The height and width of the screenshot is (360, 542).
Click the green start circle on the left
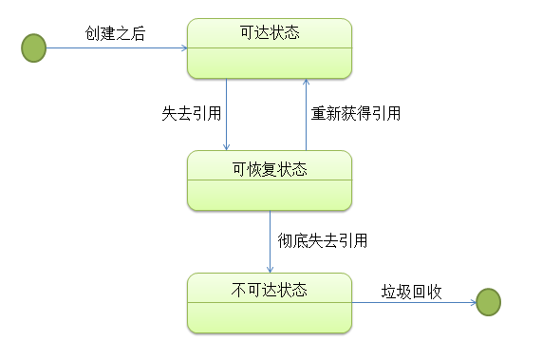click(x=33, y=47)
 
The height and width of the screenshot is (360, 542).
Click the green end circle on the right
click(x=487, y=302)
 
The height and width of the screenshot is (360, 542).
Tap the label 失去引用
click(x=192, y=113)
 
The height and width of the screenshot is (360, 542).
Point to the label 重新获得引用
click(x=356, y=113)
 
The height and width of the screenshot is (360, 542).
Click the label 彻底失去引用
click(x=323, y=240)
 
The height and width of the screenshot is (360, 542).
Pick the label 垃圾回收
click(x=412, y=291)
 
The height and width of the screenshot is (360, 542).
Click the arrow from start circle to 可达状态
click(x=114, y=47)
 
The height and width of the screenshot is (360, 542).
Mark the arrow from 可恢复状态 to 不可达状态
click(x=270, y=242)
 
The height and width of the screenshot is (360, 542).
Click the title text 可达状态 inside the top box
click(x=270, y=33)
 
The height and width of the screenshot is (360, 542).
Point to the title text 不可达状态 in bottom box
click(x=270, y=288)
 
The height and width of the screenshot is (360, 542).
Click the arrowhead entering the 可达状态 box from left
click(x=182, y=47)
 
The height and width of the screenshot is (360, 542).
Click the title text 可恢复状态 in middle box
click(x=270, y=169)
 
